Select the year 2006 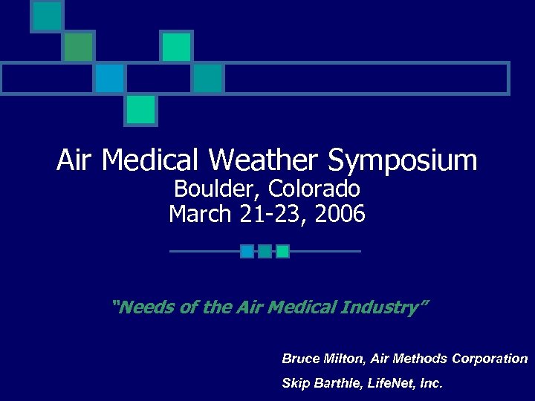(x=340, y=215)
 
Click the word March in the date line (x=200, y=215)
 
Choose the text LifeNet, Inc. (x=409, y=384)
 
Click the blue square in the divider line (x=247, y=251)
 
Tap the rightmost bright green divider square (x=282, y=251)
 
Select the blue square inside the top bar (x=109, y=78)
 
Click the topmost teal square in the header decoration (x=47, y=16)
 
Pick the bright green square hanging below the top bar (x=140, y=110)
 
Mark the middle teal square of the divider (x=265, y=251)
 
